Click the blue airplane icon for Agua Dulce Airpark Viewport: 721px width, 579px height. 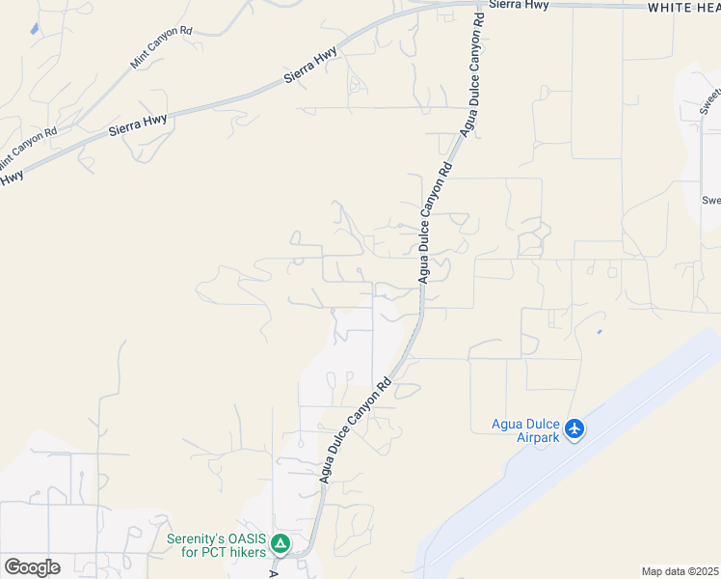point(575,427)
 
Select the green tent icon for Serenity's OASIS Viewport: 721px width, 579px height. point(280,544)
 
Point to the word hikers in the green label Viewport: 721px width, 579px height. point(243,552)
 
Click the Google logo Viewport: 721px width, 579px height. point(32,567)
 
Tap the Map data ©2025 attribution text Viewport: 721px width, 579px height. point(681,571)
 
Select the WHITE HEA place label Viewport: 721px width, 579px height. point(682,7)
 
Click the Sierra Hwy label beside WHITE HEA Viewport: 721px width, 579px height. point(519,5)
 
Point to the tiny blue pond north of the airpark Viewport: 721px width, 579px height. point(599,332)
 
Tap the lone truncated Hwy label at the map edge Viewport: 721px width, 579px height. point(11,178)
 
